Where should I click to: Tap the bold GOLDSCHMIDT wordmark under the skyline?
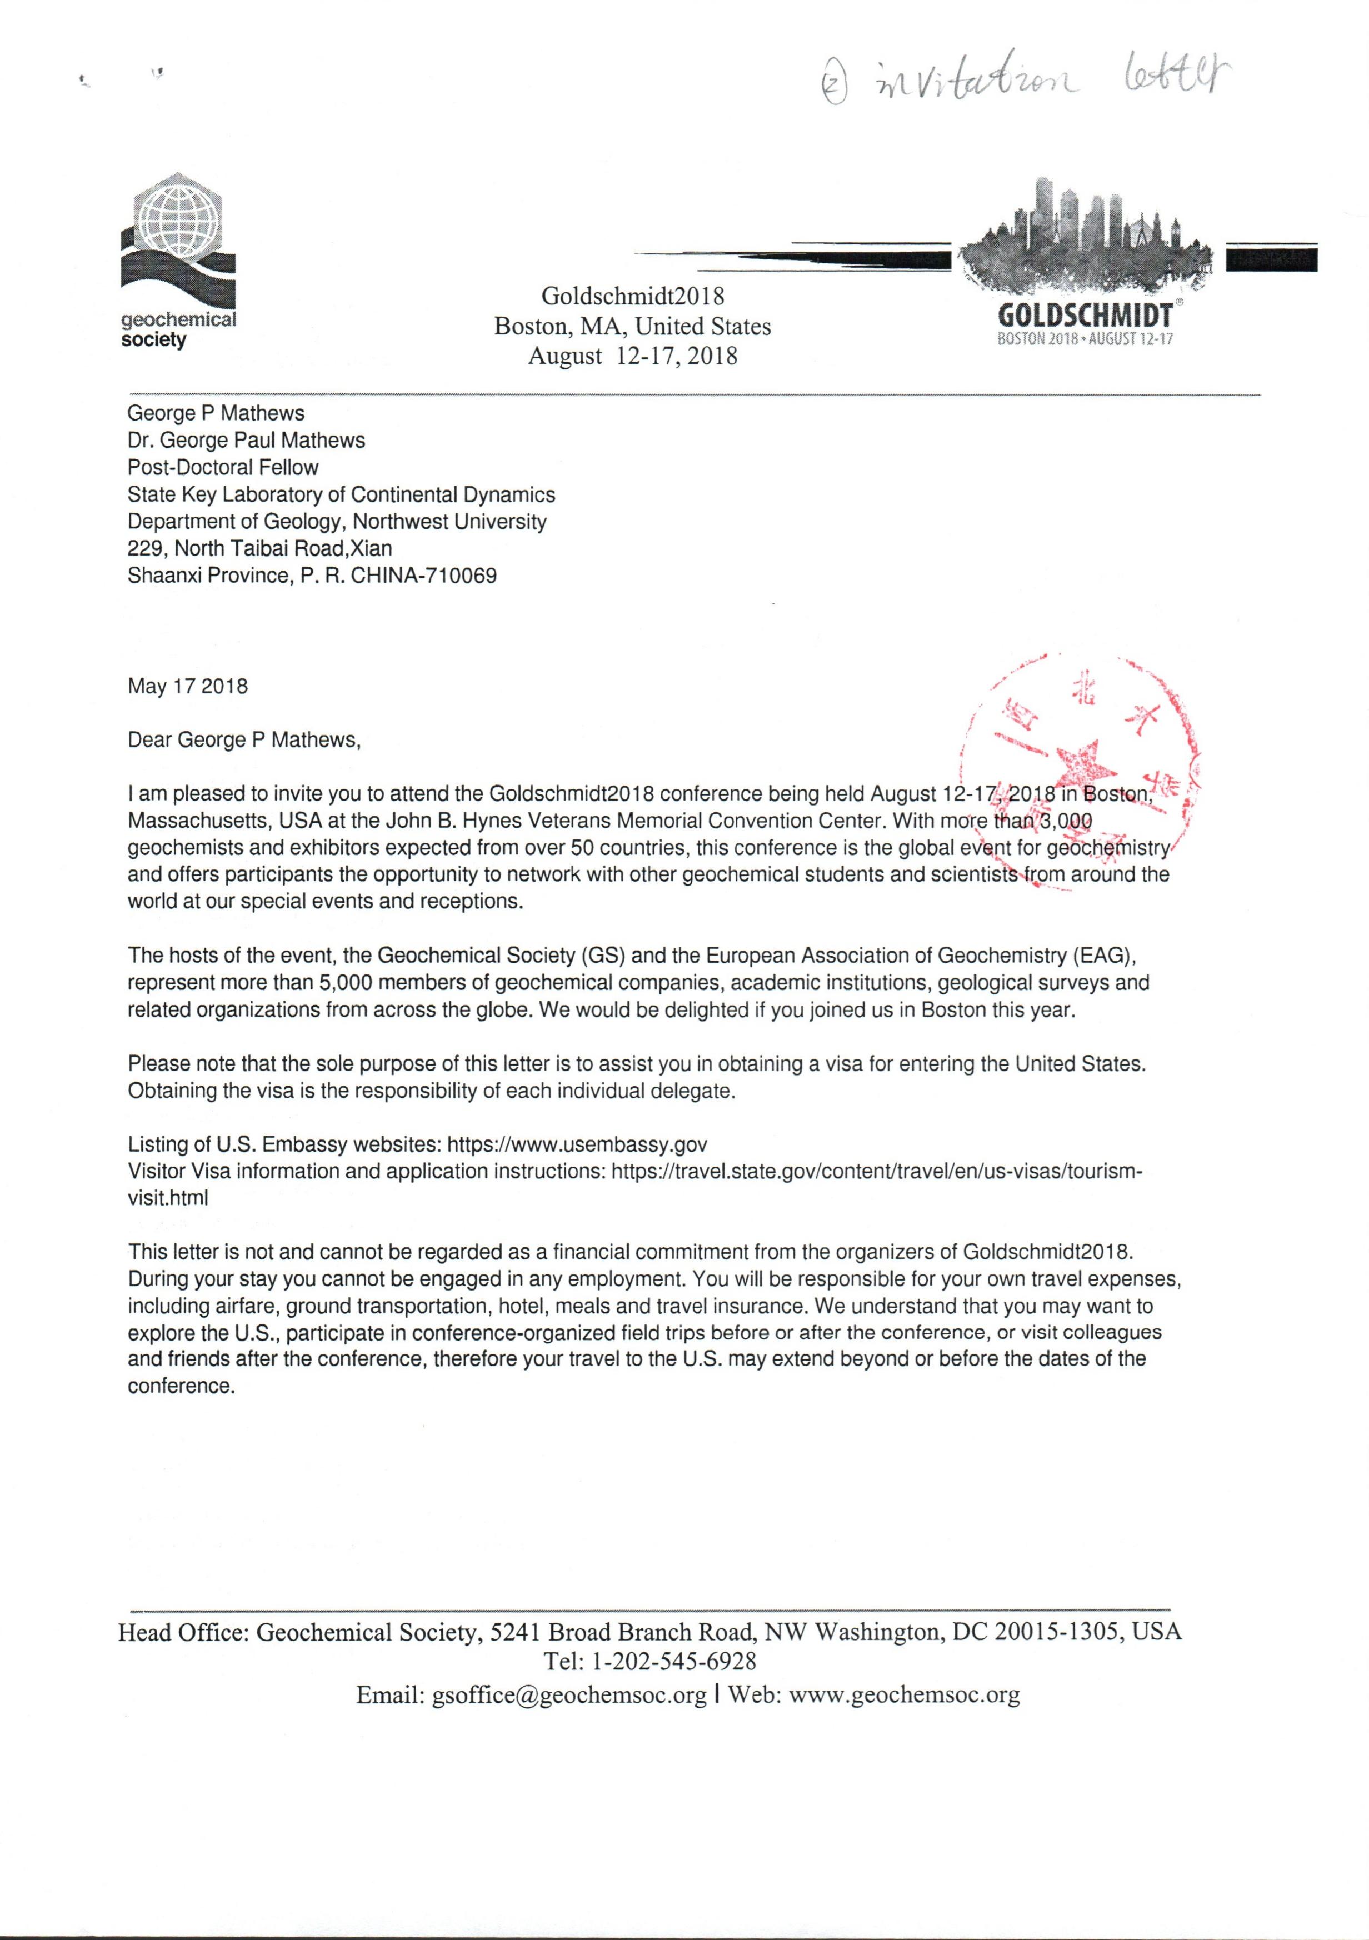tap(1085, 316)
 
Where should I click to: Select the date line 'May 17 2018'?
tap(188, 686)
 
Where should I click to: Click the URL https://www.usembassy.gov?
tap(577, 1145)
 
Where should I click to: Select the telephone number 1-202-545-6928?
tap(673, 1661)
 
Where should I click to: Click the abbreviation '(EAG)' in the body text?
tap(1103, 956)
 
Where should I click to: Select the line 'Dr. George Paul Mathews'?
tap(246, 440)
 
